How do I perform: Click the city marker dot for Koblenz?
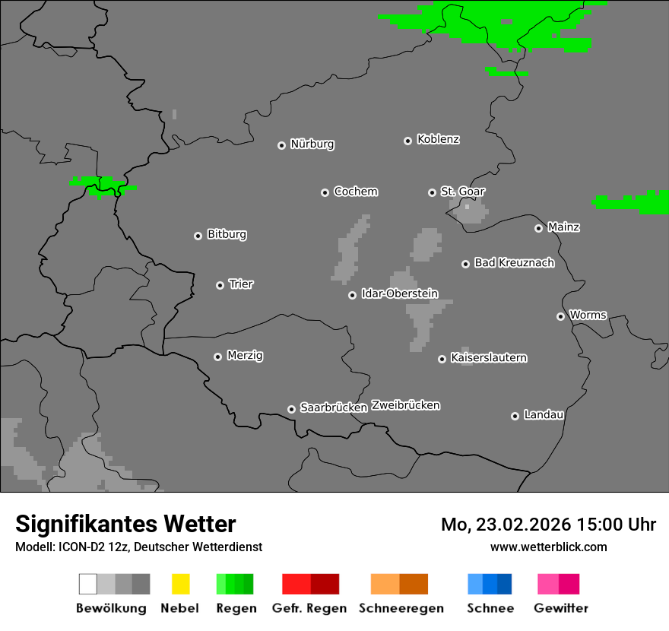[x=407, y=141]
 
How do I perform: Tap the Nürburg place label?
[x=312, y=144]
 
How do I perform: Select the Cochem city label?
[x=356, y=192]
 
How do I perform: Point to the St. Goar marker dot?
[x=432, y=192]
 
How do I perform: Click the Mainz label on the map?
[x=563, y=227]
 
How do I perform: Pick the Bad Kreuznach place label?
[x=514, y=263]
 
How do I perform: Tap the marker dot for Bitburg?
[x=198, y=236]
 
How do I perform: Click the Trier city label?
[x=241, y=284]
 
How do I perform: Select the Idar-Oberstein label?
[x=400, y=293]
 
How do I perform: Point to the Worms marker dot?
[x=560, y=316]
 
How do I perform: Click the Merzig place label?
[x=245, y=356]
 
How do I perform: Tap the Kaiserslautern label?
[x=489, y=357]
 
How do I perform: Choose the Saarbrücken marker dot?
[x=291, y=409]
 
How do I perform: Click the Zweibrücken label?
[x=405, y=405]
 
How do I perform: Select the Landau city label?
[x=544, y=415]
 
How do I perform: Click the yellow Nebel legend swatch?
[x=180, y=584]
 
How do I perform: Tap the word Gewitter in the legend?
[x=560, y=608]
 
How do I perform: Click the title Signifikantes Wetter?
[x=125, y=524]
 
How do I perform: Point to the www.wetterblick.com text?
[x=548, y=547]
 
